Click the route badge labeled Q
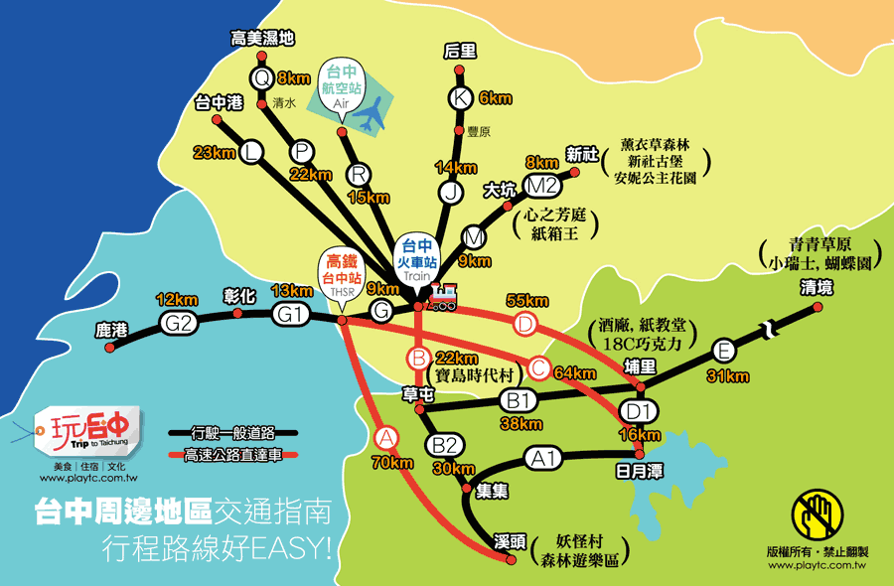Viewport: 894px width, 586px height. pyautogui.click(x=262, y=76)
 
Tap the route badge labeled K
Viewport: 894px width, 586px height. pyautogui.click(x=459, y=97)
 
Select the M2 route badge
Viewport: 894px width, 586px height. pyautogui.click(x=541, y=185)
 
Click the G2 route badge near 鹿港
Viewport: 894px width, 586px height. pyautogui.click(x=180, y=322)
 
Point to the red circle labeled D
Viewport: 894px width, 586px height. pyautogui.click(x=525, y=324)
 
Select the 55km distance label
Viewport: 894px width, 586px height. pyautogui.click(x=526, y=301)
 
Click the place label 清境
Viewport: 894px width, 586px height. pyautogui.click(x=817, y=288)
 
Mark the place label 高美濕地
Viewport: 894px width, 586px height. pyautogui.click(x=262, y=39)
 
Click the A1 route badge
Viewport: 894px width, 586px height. pyautogui.click(x=542, y=458)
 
